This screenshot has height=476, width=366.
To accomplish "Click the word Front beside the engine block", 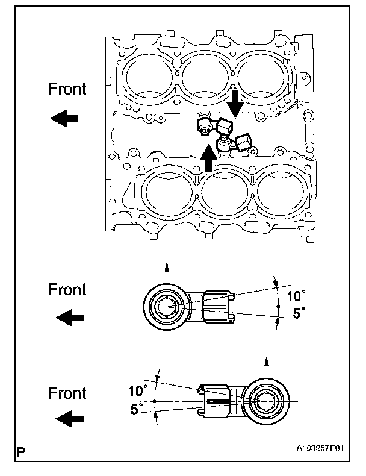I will (x=67, y=89).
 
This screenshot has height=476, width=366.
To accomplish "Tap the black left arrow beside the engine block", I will (x=64, y=119).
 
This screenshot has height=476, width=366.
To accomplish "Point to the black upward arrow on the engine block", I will (x=209, y=158).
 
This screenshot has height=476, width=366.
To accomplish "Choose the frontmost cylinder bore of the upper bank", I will (x=150, y=76).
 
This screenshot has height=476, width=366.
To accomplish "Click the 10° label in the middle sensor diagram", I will (x=296, y=296).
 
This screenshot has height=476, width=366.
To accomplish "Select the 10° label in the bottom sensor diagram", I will (x=137, y=390).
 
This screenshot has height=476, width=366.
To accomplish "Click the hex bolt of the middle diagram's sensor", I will (x=164, y=307).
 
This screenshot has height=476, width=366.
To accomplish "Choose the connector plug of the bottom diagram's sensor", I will (x=215, y=400).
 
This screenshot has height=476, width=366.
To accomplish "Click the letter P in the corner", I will (x=21, y=452).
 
